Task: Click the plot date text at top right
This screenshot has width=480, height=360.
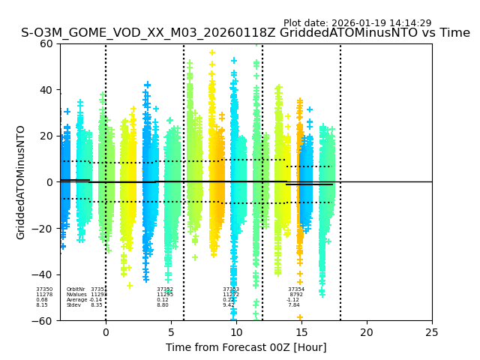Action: click(x=357, y=23)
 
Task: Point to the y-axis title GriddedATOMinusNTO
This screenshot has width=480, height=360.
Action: click(x=21, y=182)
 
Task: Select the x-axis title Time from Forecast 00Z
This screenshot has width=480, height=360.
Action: click(x=246, y=347)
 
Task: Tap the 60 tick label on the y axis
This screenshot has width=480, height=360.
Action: click(x=46, y=43)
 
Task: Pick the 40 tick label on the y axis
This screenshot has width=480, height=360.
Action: click(x=46, y=90)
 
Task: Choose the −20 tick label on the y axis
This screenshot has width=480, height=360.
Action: click(x=43, y=229)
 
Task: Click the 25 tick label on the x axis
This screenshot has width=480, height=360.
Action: click(x=432, y=332)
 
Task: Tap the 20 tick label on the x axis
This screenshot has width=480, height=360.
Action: click(x=367, y=332)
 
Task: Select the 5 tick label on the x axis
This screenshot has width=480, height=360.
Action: click(x=171, y=332)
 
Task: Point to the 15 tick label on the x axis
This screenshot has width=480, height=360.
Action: click(x=301, y=332)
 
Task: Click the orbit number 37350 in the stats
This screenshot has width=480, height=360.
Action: click(x=44, y=289)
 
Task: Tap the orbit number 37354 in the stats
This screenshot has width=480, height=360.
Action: click(x=296, y=289)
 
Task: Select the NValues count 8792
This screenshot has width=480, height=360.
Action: click(x=296, y=295)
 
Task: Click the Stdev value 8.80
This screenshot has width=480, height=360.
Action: click(x=163, y=305)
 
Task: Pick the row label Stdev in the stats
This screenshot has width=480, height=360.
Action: click(x=73, y=305)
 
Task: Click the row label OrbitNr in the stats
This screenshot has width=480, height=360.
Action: click(x=76, y=289)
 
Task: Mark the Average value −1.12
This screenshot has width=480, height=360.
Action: click(x=292, y=300)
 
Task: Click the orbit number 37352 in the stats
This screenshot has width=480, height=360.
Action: click(x=165, y=289)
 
